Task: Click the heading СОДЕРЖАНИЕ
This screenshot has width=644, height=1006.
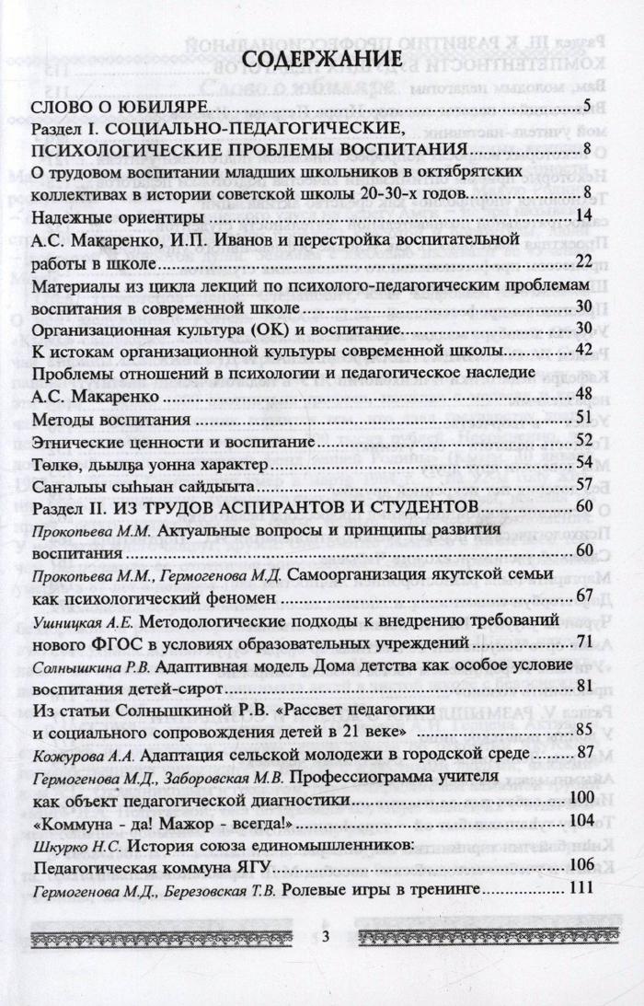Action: coord(322,62)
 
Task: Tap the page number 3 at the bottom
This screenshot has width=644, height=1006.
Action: coord(325,936)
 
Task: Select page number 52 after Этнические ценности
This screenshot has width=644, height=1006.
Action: coord(581,441)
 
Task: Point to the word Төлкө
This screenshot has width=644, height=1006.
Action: coord(55,463)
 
